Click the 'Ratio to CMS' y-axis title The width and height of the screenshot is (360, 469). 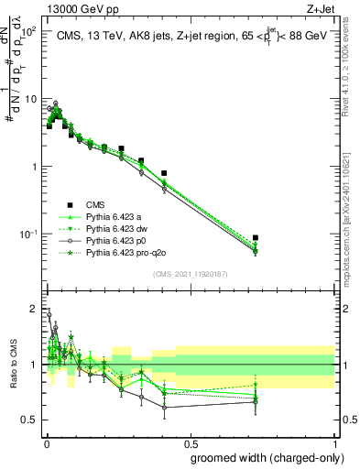coord(14,367)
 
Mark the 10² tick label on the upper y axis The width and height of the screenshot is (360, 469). coord(29,31)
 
